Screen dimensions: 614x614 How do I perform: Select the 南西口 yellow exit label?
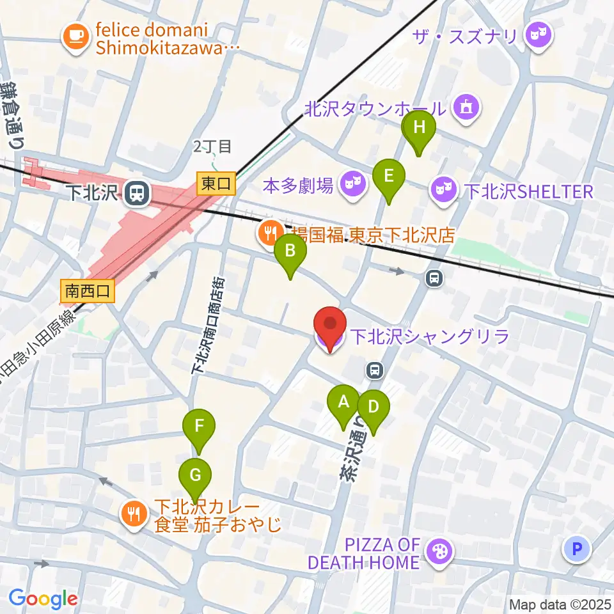click(x=88, y=292)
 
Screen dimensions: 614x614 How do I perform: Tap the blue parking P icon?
click(x=577, y=549)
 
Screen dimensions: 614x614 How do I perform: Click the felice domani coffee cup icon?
click(x=76, y=37)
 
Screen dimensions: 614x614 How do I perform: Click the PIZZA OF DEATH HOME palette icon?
click(x=439, y=553)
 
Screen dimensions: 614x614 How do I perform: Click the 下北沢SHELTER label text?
click(x=529, y=191)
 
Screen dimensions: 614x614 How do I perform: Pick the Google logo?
click(x=43, y=598)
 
